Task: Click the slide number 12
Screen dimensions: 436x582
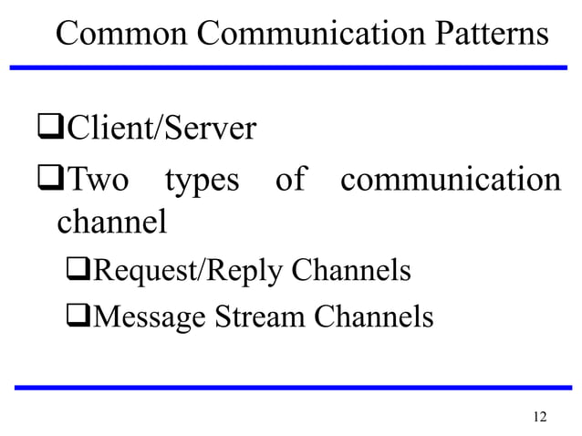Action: tap(538, 417)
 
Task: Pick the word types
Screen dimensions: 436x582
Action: tap(201, 182)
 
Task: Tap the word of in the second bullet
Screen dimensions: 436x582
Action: tap(290, 180)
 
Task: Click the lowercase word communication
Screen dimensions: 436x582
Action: tap(450, 180)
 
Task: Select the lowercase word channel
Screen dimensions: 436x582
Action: tap(111, 222)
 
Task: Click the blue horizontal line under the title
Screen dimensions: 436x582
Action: tap(291, 67)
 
